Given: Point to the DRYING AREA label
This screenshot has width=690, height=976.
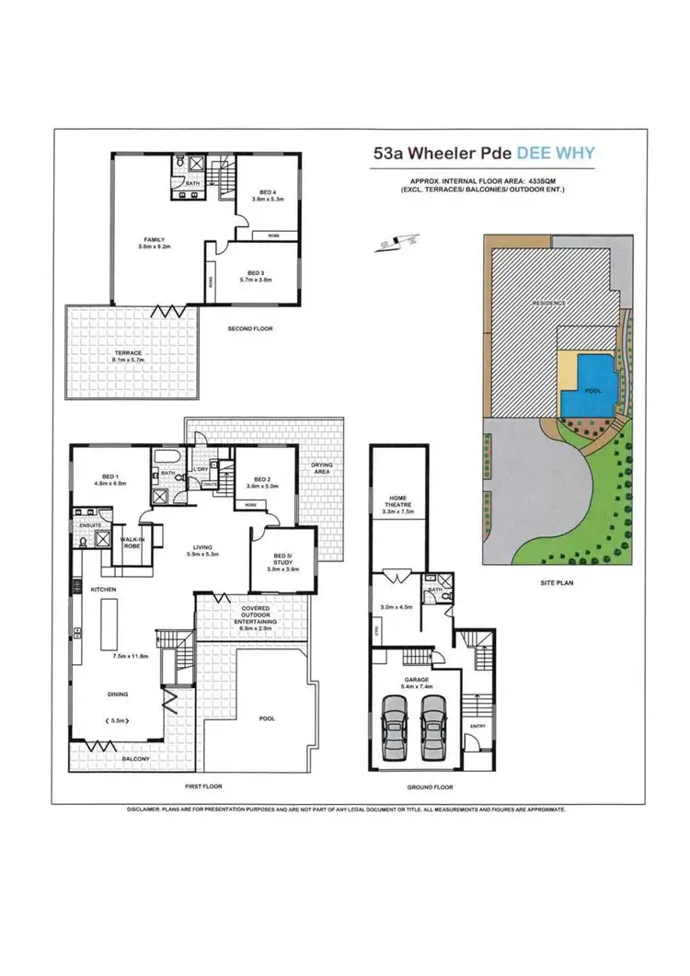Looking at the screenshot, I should pyautogui.click(x=321, y=468).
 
